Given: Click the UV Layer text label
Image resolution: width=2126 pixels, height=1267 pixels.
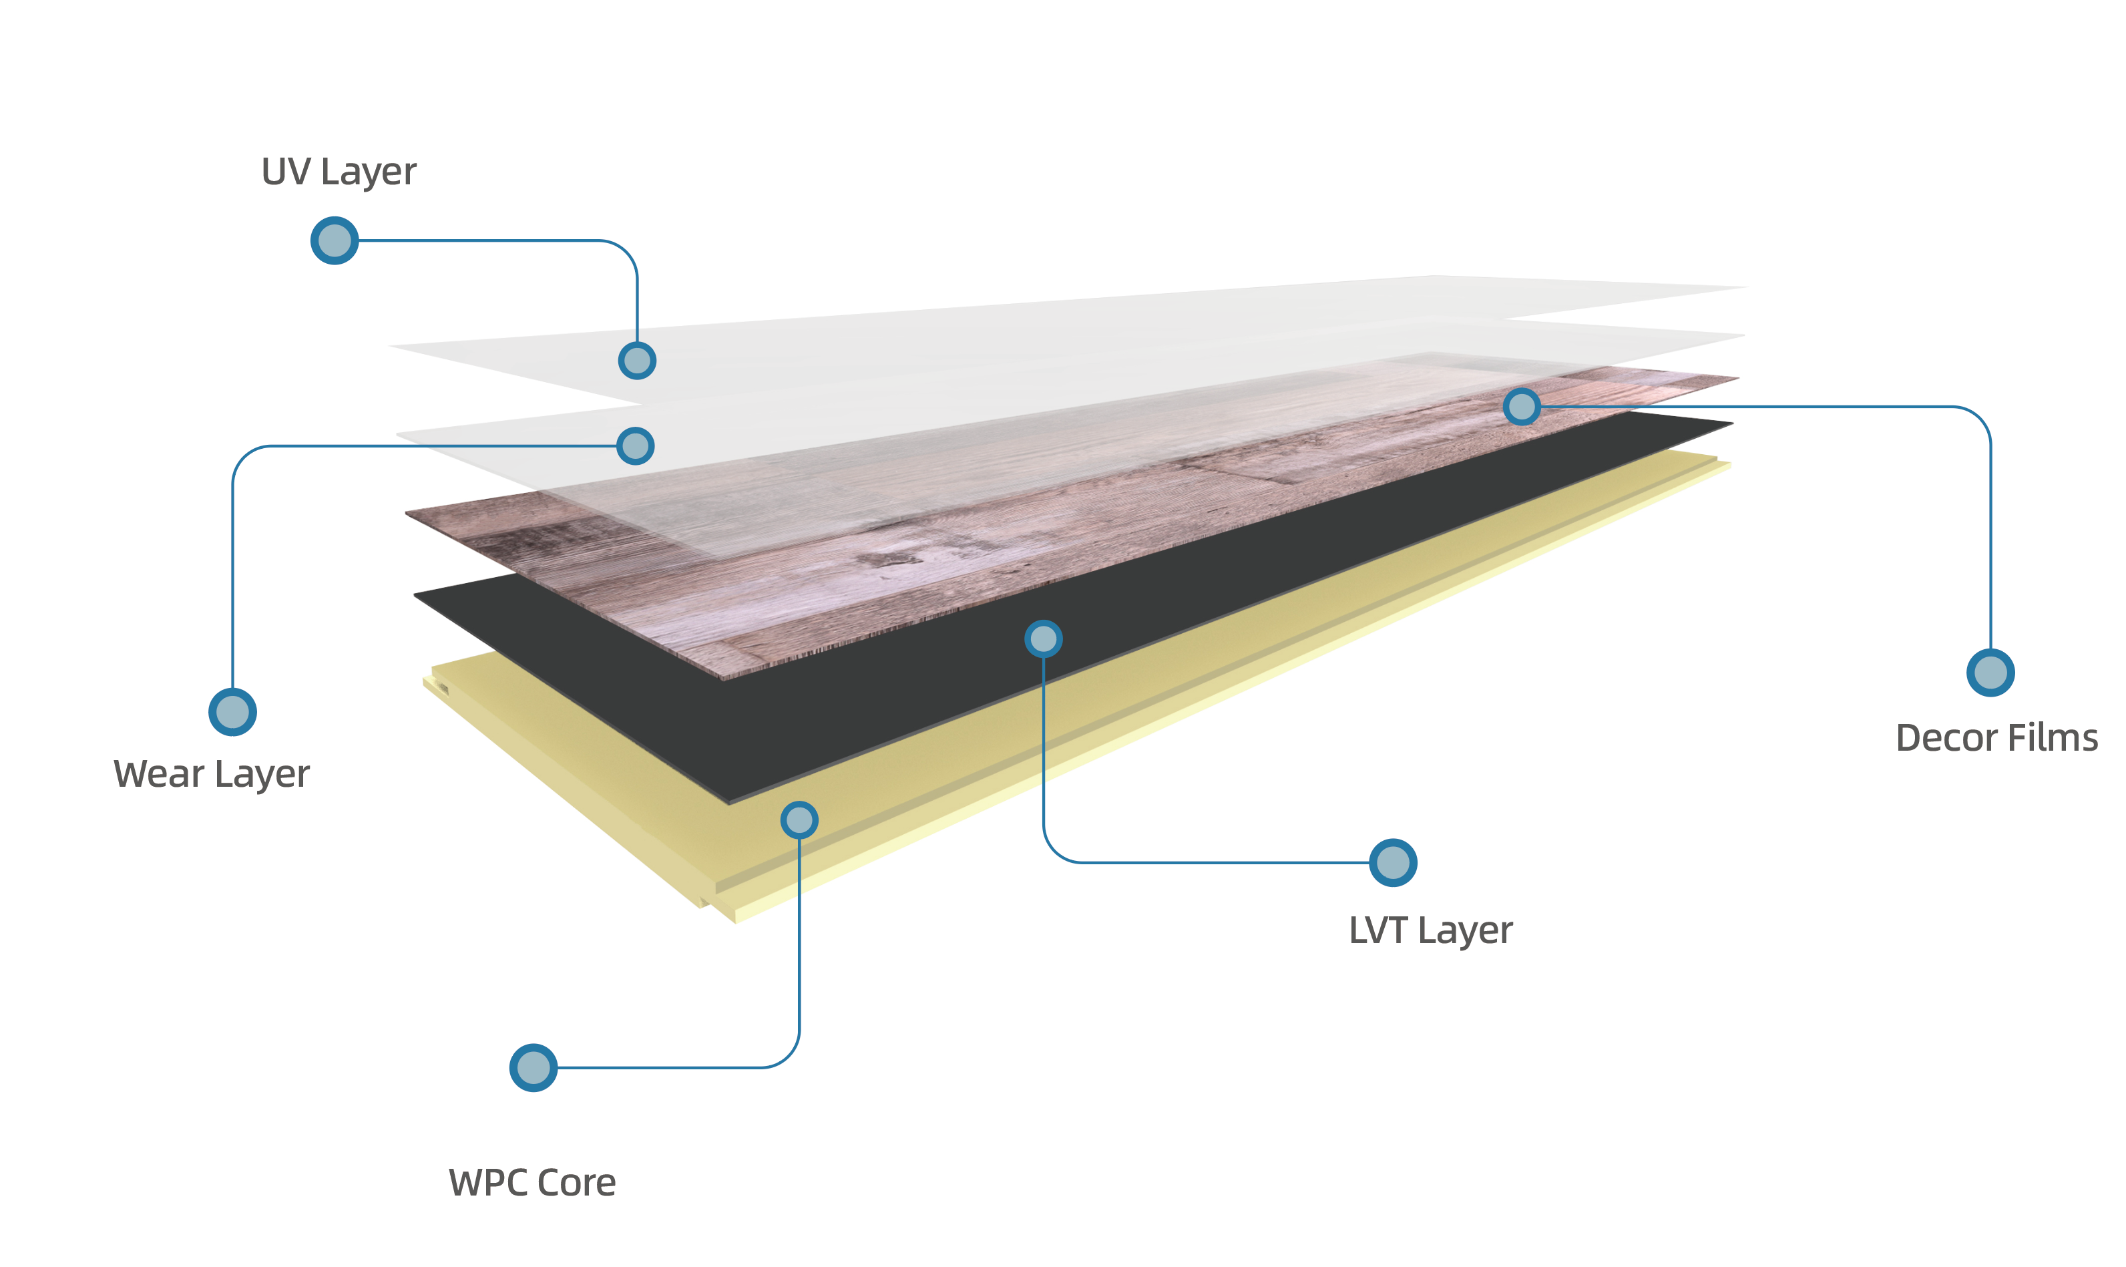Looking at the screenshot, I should pos(339,172).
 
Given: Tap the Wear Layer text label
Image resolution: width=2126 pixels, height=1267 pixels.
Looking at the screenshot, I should pos(212,773).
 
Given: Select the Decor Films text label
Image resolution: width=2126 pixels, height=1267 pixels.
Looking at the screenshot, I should pos(1996,737).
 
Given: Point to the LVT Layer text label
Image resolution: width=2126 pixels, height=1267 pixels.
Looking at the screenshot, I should pos(1430,930).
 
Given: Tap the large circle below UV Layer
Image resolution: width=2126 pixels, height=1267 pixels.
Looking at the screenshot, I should pos(334,240).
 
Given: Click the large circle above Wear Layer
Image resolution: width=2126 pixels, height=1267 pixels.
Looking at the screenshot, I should pos(232,711).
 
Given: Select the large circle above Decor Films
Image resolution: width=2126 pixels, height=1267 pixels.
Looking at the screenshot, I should pos(1990,673).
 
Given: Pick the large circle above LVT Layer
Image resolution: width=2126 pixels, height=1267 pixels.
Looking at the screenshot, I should pos(1393,862).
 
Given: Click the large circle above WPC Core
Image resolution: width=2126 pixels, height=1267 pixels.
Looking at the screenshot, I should pos(534,1067).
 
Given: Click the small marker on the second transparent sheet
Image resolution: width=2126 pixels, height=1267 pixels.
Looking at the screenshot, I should pos(635,445).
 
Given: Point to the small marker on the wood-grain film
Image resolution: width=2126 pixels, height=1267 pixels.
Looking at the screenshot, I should pos(1522,406).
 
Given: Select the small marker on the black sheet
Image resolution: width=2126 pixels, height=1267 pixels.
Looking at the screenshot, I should pos(1043,639).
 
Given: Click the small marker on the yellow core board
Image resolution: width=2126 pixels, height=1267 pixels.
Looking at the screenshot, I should pos(799,820).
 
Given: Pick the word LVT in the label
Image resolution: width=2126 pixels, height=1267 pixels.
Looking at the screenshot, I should pos(1377,930).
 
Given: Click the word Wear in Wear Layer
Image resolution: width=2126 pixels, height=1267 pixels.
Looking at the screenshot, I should pos(159,773).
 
